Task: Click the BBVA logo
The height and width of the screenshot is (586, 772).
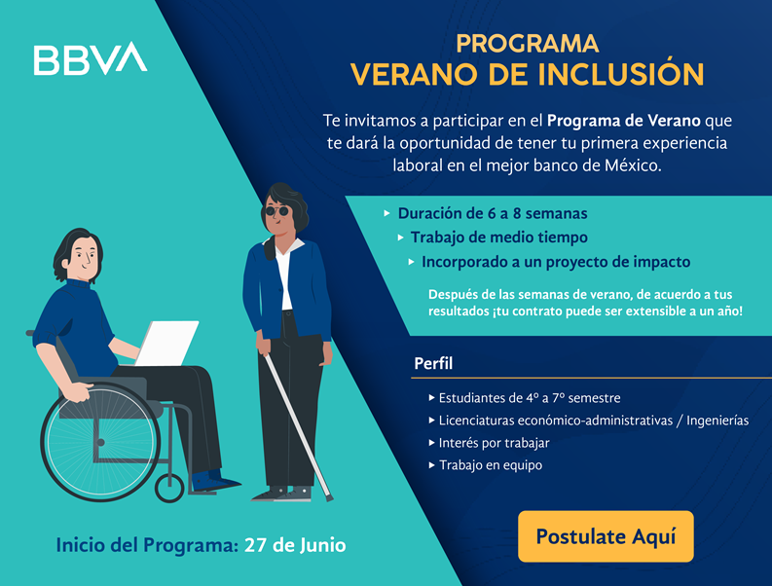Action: (x=91, y=59)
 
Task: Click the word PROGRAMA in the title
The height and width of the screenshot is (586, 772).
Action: (x=527, y=44)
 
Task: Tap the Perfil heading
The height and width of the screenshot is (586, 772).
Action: (x=433, y=364)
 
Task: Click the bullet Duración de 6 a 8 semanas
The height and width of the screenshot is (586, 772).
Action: (x=492, y=212)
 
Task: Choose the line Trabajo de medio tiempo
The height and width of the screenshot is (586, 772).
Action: (x=498, y=237)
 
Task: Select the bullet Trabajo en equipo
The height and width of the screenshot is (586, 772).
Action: (x=490, y=464)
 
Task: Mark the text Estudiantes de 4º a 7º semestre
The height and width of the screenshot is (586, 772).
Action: (x=529, y=397)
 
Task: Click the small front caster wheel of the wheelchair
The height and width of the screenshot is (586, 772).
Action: (x=169, y=487)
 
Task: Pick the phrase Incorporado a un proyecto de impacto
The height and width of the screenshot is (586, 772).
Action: (x=555, y=262)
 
